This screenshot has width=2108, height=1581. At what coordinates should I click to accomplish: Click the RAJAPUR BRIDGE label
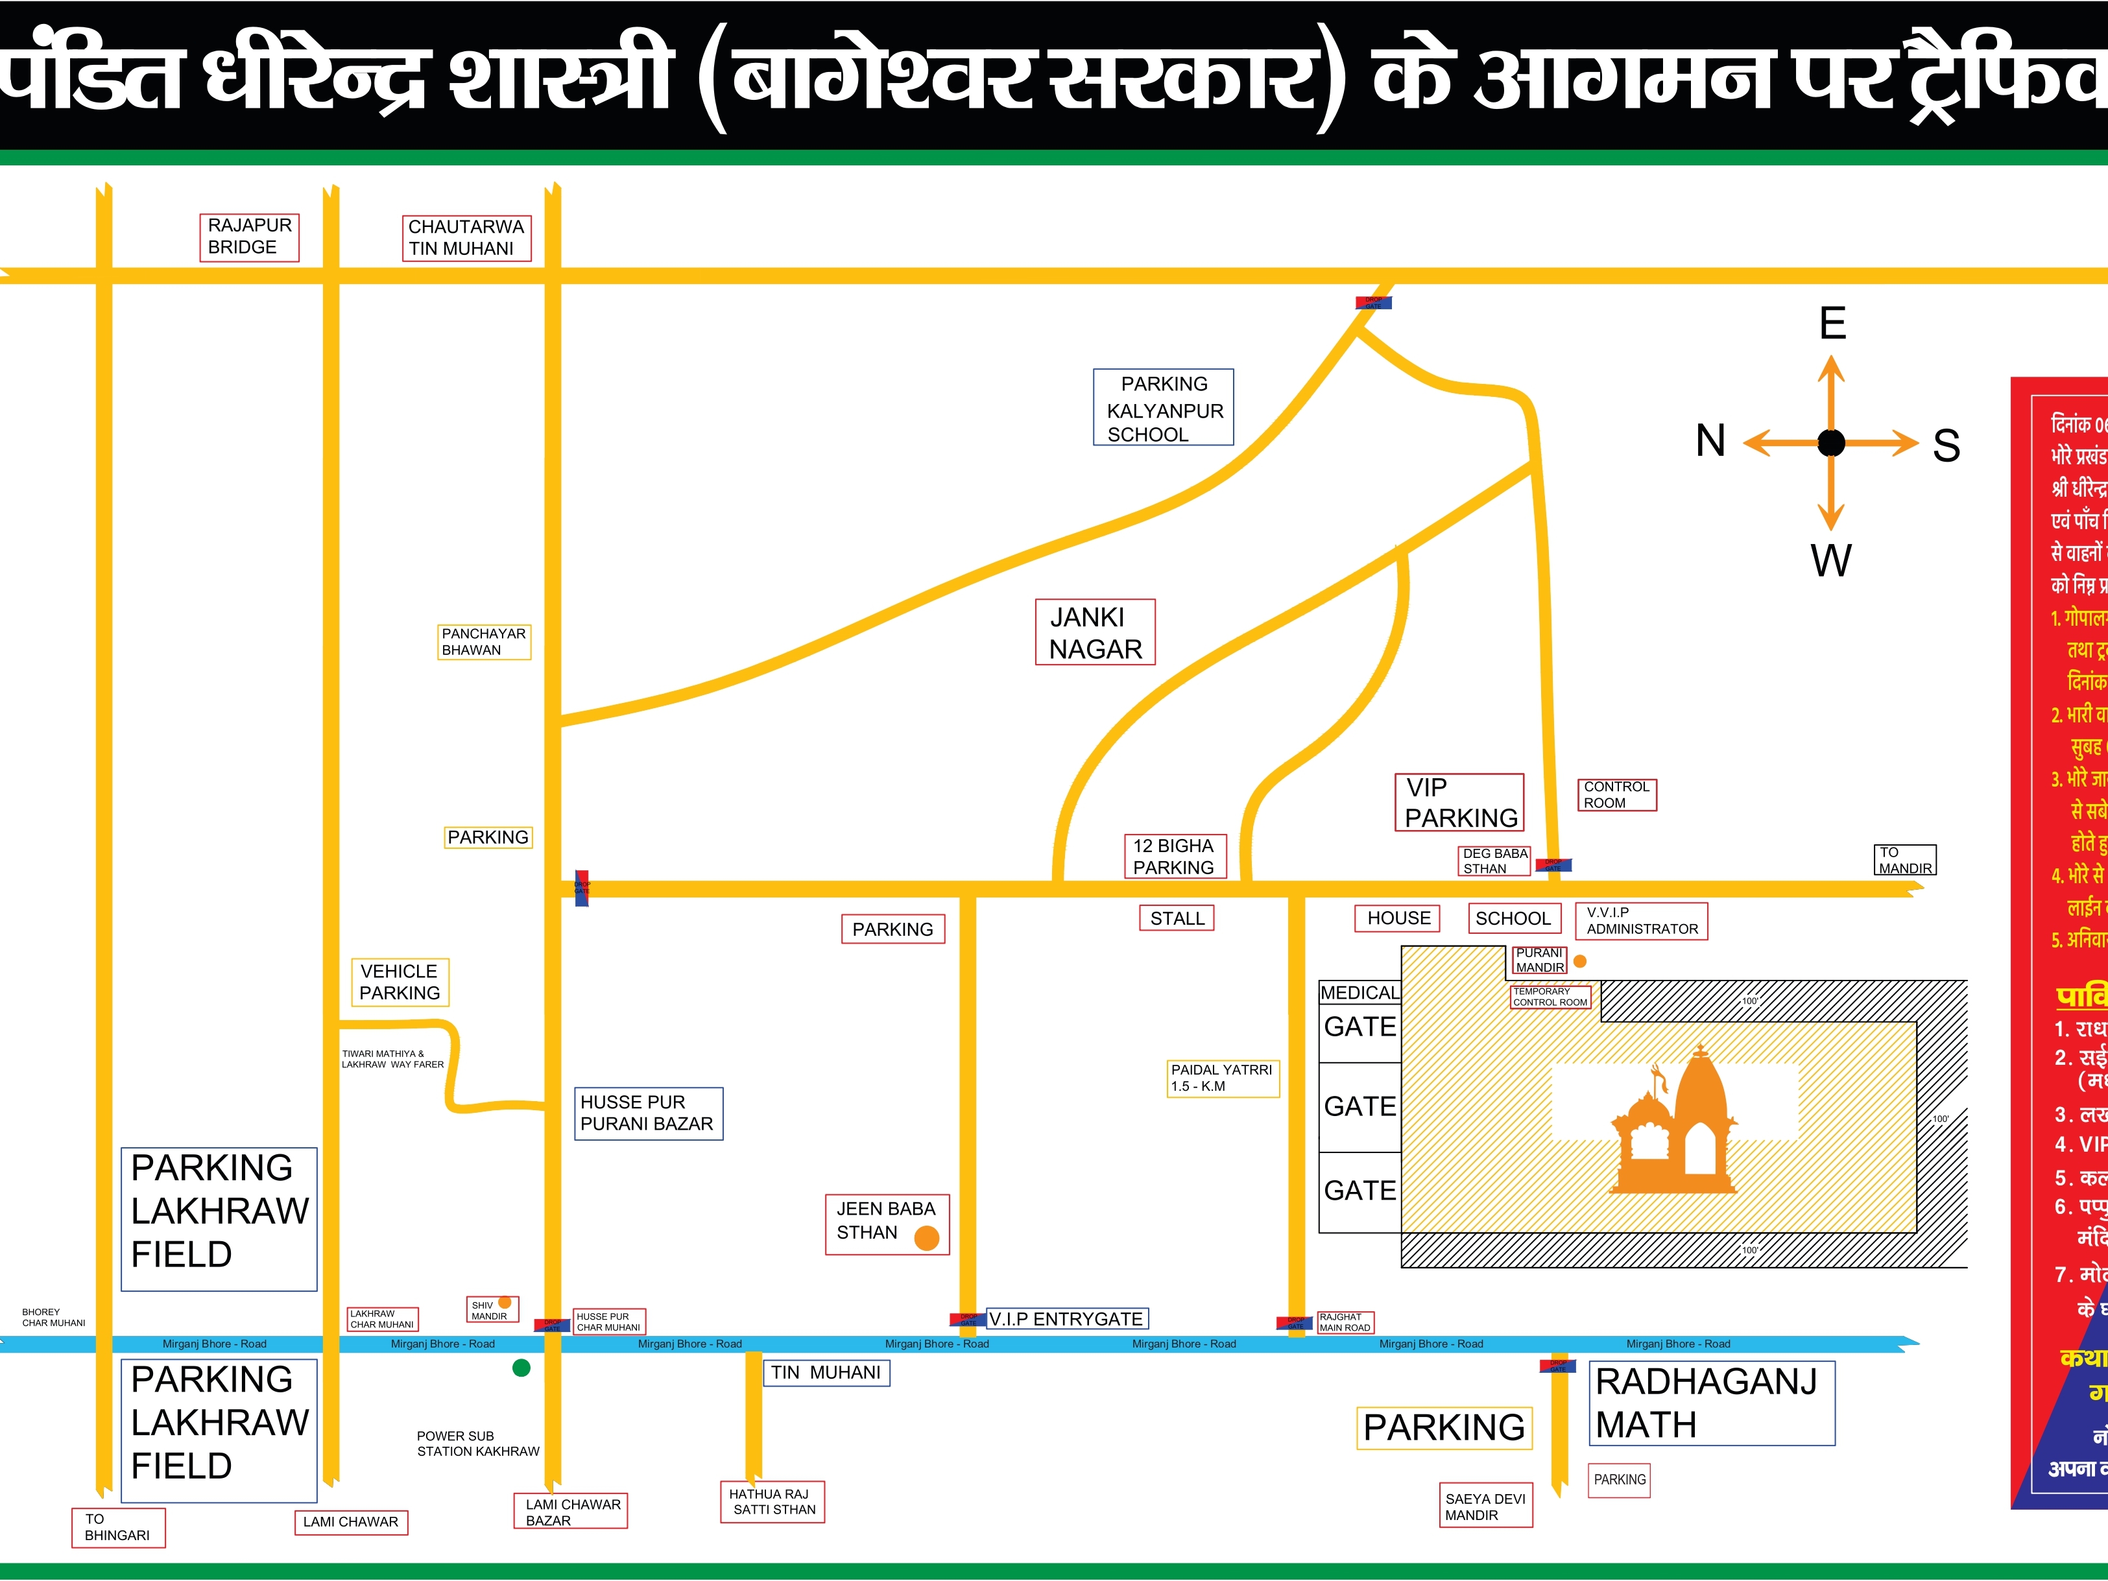(x=248, y=236)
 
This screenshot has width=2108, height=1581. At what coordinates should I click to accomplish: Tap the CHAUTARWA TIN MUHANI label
(x=465, y=237)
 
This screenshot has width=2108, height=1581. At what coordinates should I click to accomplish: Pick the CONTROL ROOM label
(x=1616, y=795)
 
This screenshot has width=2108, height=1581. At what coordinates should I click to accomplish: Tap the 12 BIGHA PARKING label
(x=1173, y=857)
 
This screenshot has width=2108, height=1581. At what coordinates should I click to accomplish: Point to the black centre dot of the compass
(x=1830, y=443)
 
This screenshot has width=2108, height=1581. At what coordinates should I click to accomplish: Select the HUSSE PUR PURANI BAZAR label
(x=648, y=1113)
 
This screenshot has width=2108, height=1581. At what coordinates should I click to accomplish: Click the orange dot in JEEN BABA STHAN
(x=926, y=1238)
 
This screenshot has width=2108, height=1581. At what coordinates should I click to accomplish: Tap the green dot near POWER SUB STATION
(x=521, y=1368)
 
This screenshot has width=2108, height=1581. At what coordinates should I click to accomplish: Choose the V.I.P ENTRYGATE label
(x=1066, y=1319)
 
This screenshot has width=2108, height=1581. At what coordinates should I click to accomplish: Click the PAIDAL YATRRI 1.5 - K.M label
(x=1222, y=1078)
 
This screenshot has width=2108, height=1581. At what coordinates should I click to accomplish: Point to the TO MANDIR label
(x=1905, y=861)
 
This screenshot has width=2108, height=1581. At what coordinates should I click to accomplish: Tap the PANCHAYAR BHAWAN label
(x=484, y=641)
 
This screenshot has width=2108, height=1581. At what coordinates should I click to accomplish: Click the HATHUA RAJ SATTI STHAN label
(x=772, y=1502)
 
